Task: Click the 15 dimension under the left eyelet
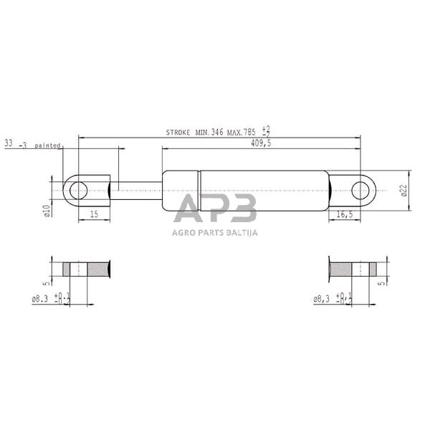94,214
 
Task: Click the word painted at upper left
47,145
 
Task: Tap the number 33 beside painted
9,144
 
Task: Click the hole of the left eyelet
78,190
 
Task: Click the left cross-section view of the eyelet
87,270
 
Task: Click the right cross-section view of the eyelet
352,270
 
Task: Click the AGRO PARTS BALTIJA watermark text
215,232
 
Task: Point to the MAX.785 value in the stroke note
241,133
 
